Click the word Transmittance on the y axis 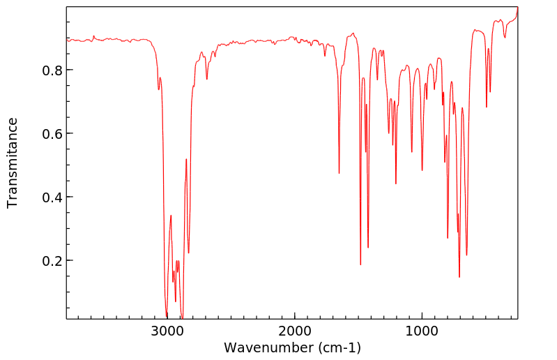[x=13, y=163]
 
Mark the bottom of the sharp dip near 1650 [x=339, y=173]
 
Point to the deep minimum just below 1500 [x=360, y=264]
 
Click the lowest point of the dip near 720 [x=459, y=277]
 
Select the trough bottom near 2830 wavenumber [x=188, y=253]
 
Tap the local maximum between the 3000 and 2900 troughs [x=171, y=216]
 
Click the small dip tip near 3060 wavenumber [x=159, y=89]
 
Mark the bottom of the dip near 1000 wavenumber [x=422, y=170]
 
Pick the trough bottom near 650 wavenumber [x=466, y=255]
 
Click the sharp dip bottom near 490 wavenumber [x=487, y=107]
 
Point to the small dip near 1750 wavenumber [x=325, y=56]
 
